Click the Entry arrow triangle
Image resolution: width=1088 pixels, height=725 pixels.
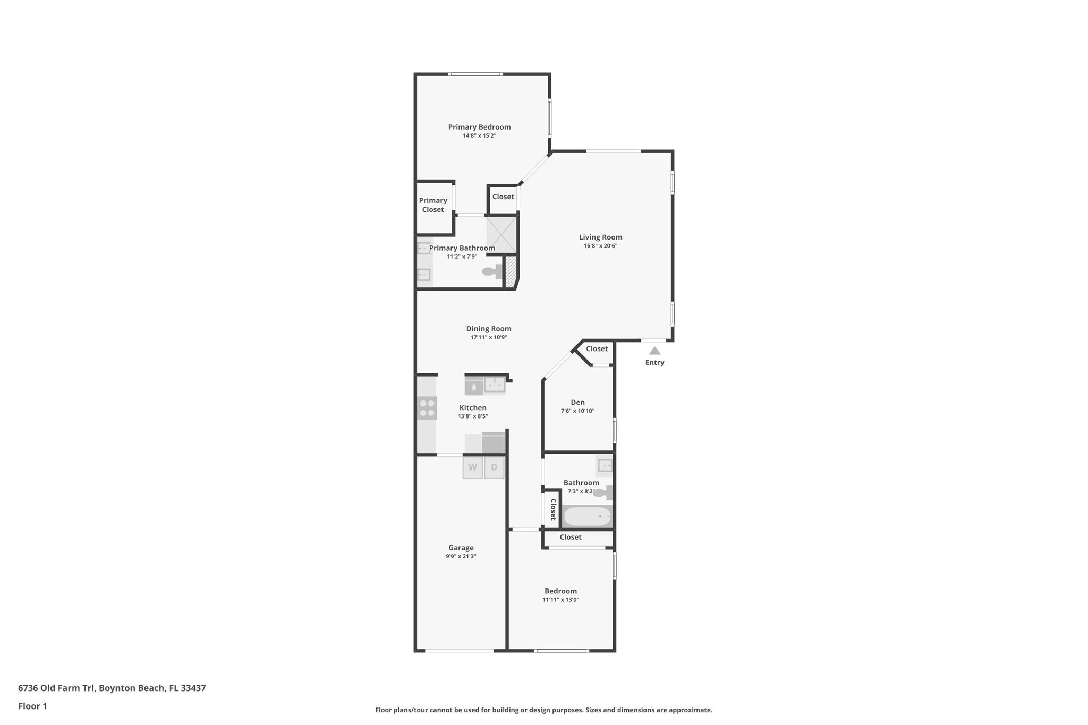pyautogui.click(x=654, y=351)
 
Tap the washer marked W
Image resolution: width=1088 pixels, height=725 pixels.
pyautogui.click(x=472, y=467)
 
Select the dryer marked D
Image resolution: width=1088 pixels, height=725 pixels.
pyautogui.click(x=494, y=467)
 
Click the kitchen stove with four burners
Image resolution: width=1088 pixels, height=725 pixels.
pyautogui.click(x=427, y=408)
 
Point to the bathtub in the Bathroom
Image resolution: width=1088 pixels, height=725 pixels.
pyautogui.click(x=587, y=516)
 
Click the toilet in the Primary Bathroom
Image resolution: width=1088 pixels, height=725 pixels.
pyautogui.click(x=491, y=271)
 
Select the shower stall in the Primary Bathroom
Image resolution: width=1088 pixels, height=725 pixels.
pyautogui.click(x=501, y=234)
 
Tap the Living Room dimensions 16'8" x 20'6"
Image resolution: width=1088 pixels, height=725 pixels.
pyautogui.click(x=600, y=246)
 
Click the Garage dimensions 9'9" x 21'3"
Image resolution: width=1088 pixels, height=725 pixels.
pyautogui.click(x=461, y=556)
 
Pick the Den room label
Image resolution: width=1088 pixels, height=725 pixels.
pyautogui.click(x=577, y=402)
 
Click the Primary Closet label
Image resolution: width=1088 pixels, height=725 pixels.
pyautogui.click(x=433, y=205)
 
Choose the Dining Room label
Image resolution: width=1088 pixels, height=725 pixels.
pyautogui.click(x=489, y=329)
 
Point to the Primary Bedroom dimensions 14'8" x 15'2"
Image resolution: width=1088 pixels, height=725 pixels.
pyautogui.click(x=479, y=135)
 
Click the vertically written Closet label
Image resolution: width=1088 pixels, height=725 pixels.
pyautogui.click(x=553, y=509)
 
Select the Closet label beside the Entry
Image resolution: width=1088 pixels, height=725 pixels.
pyautogui.click(x=597, y=349)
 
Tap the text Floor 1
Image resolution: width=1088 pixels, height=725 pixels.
pyautogui.click(x=32, y=706)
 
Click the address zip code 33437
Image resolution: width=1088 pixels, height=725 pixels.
pyautogui.click(x=193, y=688)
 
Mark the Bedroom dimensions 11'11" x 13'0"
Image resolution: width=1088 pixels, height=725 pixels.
pyautogui.click(x=560, y=600)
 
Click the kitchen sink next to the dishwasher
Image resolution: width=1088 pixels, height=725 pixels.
pyautogui.click(x=495, y=385)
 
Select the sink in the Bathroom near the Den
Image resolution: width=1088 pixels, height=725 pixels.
pyautogui.click(x=605, y=466)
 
